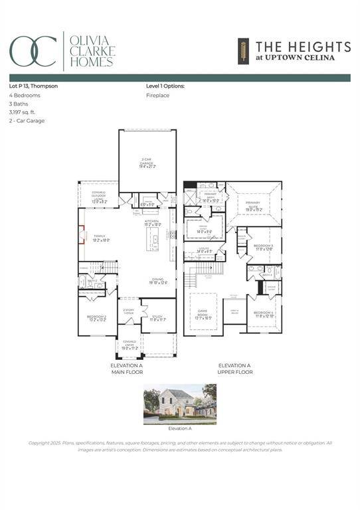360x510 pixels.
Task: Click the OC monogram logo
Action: tap(33, 50)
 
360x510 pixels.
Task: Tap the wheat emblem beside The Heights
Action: tap(243, 50)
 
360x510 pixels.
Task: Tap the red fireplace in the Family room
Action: tap(82, 235)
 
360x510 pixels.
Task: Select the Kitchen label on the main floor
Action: tap(153, 223)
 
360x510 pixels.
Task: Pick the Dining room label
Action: tap(158, 281)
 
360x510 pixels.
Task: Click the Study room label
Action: tap(157, 318)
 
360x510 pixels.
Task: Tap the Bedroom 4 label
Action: tap(264, 315)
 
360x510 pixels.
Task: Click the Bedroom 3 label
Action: tap(264, 247)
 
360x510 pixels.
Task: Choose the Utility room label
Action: tap(204, 250)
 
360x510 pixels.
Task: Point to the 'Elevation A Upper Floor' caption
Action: tap(235, 369)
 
